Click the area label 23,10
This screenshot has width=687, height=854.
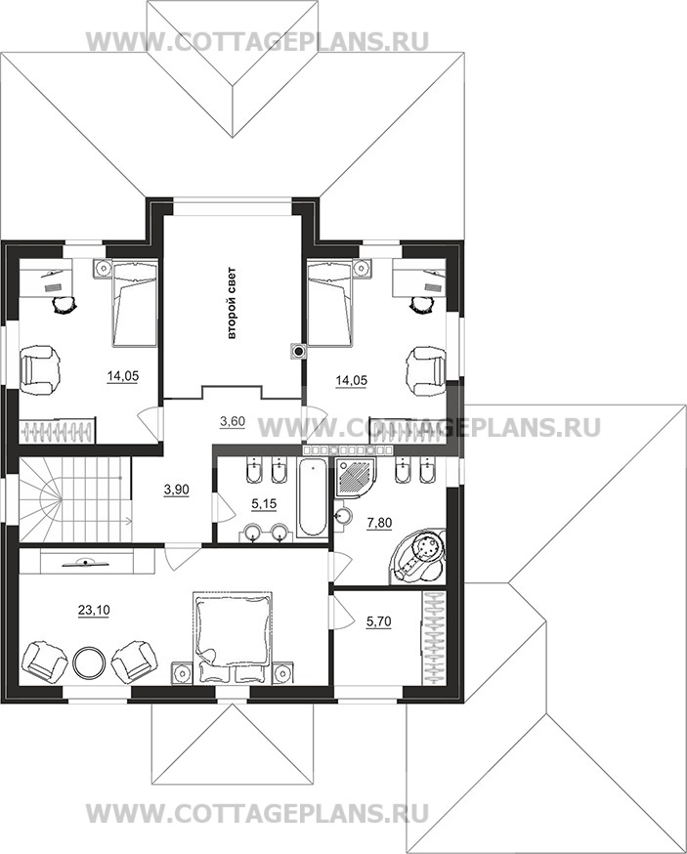(x=94, y=611)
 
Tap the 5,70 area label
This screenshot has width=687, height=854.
(x=379, y=620)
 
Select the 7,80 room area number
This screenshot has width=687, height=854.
(x=380, y=523)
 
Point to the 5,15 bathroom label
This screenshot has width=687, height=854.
(x=264, y=504)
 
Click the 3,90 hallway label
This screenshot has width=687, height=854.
(x=177, y=490)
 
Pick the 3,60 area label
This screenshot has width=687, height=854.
(x=233, y=421)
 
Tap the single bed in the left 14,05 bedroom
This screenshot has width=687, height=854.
(x=135, y=303)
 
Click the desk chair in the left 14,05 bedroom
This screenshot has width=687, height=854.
(x=64, y=305)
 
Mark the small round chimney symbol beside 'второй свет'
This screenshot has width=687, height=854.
(x=298, y=352)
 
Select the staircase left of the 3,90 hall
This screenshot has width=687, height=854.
(x=75, y=499)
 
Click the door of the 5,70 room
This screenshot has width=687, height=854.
(x=341, y=611)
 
